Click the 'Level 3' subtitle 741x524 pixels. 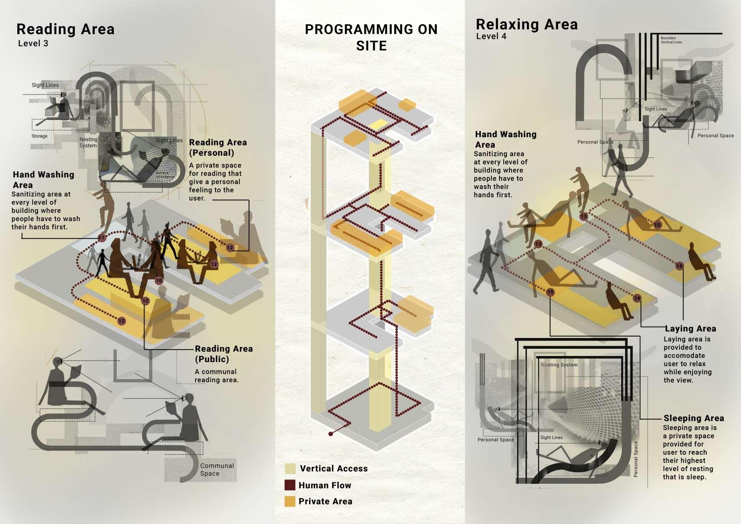(33, 43)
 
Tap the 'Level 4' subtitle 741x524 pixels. (491, 36)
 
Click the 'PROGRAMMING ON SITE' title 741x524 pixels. (371, 37)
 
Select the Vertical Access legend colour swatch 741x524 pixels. (290, 469)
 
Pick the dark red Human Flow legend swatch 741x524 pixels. (290, 485)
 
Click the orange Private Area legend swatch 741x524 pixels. (290, 501)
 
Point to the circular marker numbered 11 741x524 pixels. (101, 238)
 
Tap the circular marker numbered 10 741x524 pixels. (159, 280)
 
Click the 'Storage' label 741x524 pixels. (39, 136)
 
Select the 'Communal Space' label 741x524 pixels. (216, 469)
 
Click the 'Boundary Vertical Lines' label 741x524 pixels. (671, 40)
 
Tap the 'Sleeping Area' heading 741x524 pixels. (693, 418)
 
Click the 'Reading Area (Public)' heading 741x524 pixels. (223, 354)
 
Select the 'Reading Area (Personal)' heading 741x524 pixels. (217, 148)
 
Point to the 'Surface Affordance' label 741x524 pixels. (165, 175)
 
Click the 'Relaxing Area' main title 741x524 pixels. (526, 24)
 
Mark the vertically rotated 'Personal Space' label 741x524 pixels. (635, 459)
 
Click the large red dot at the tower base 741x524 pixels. (331, 434)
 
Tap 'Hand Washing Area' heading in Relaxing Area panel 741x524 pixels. (505, 139)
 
